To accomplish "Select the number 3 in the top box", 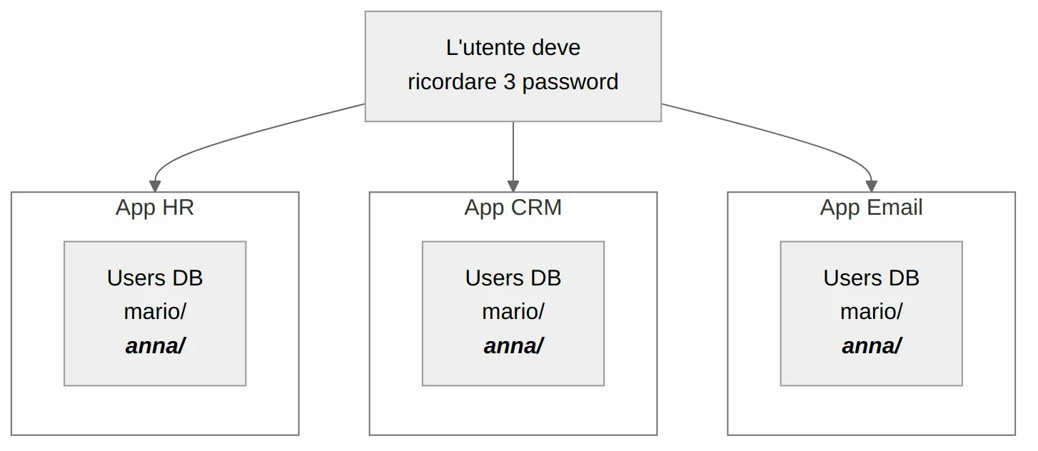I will point(508,82).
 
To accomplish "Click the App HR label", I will point(155,208).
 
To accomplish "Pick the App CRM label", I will point(513,208).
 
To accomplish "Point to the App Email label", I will point(871,208).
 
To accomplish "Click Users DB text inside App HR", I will point(155,278).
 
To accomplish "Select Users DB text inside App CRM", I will point(513,278).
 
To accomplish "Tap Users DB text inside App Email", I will point(871,278).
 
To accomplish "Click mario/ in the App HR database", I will point(155,312).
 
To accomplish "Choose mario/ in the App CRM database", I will point(513,312).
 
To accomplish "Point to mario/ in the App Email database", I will point(871,312).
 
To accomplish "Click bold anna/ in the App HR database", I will point(155,346).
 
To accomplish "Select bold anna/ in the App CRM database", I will point(513,346).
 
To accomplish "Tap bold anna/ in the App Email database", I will point(871,346).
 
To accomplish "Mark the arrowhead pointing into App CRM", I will point(513,186).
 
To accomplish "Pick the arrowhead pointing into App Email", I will point(871,186).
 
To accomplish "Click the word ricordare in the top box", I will point(452,82).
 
